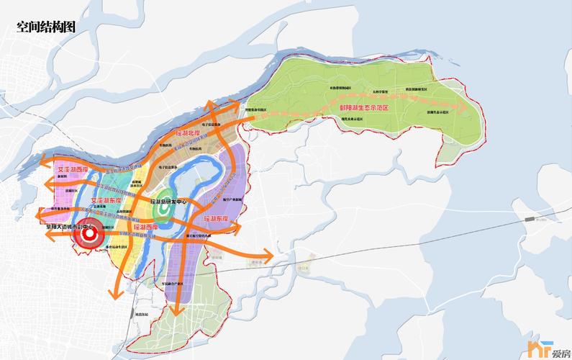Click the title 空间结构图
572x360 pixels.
click(46, 27)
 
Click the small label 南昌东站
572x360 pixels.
click(141, 314)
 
